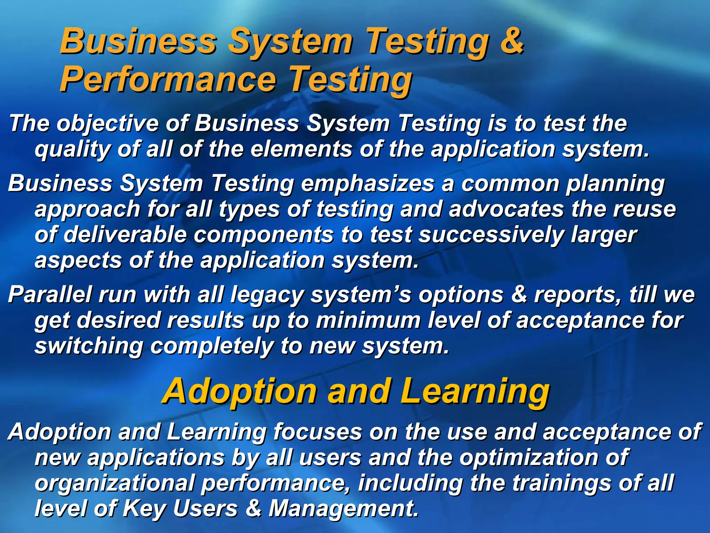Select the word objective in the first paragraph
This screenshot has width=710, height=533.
(107, 124)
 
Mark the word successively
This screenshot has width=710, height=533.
(491, 235)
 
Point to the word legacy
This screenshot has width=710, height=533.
(267, 295)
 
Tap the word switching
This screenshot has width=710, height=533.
(89, 346)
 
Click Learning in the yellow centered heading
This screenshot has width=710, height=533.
(475, 392)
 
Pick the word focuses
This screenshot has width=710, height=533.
(317, 432)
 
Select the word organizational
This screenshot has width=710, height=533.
(115, 483)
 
